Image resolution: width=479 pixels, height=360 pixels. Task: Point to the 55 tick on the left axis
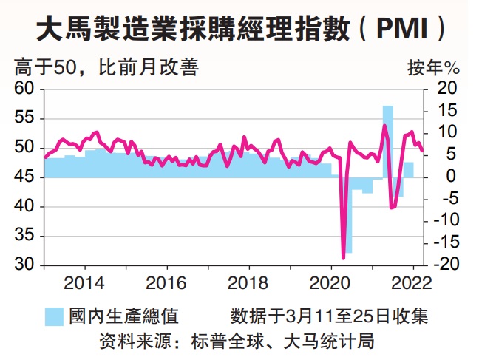(24, 119)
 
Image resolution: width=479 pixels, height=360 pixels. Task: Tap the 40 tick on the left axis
(24, 207)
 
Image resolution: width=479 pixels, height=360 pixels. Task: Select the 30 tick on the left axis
(24, 265)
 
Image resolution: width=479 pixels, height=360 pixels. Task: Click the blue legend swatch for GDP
(53, 316)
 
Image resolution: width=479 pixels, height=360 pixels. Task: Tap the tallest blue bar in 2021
(387, 140)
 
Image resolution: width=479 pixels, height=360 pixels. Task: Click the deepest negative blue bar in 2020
(347, 214)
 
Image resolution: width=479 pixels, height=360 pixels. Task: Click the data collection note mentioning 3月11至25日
(329, 316)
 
